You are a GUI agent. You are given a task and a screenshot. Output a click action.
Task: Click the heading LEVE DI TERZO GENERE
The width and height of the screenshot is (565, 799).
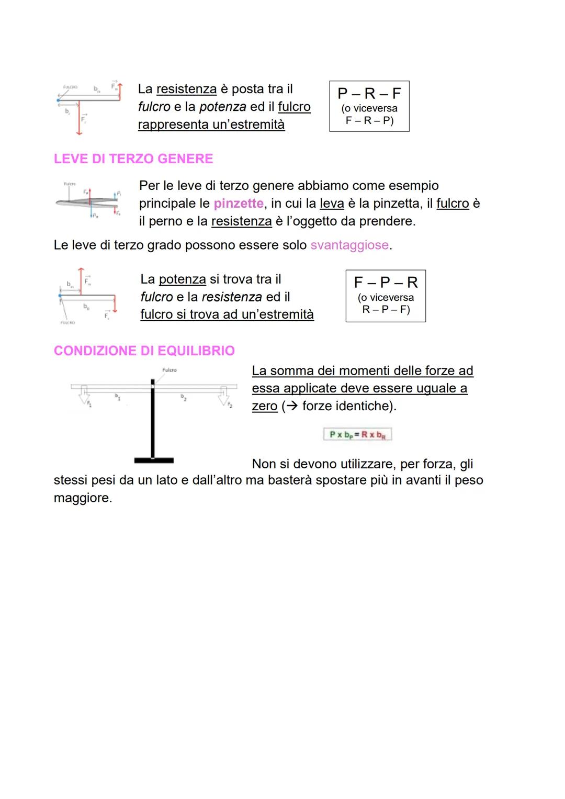[133, 159]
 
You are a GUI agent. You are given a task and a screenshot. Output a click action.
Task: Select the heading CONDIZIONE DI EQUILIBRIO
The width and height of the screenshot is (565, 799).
[144, 351]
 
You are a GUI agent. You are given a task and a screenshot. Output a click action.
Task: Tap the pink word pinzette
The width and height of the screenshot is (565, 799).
[239, 203]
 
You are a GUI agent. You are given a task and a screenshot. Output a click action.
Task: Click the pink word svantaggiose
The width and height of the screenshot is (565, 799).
[349, 245]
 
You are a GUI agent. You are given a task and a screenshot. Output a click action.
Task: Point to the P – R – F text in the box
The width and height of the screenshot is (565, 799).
[369, 93]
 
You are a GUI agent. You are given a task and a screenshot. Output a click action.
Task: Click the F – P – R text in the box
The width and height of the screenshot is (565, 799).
[386, 283]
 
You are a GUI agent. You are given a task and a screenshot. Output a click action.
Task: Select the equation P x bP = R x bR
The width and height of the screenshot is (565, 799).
[357, 435]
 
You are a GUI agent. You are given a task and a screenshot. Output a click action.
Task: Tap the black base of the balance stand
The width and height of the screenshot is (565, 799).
[154, 460]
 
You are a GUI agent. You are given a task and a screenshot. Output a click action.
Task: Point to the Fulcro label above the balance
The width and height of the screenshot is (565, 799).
[169, 370]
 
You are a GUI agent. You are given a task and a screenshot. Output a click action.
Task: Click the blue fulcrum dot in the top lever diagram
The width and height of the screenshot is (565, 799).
[59, 100]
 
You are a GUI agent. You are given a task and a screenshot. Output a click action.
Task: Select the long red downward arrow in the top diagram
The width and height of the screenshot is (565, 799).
[79, 118]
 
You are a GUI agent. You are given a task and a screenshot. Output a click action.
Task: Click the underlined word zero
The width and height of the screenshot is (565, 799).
[265, 406]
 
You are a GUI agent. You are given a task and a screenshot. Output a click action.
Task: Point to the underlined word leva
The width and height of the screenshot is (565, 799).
[332, 203]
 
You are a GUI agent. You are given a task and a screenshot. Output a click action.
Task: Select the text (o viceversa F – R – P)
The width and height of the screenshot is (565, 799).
[369, 115]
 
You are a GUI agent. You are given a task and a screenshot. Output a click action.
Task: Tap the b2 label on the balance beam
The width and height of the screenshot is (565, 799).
[183, 397]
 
